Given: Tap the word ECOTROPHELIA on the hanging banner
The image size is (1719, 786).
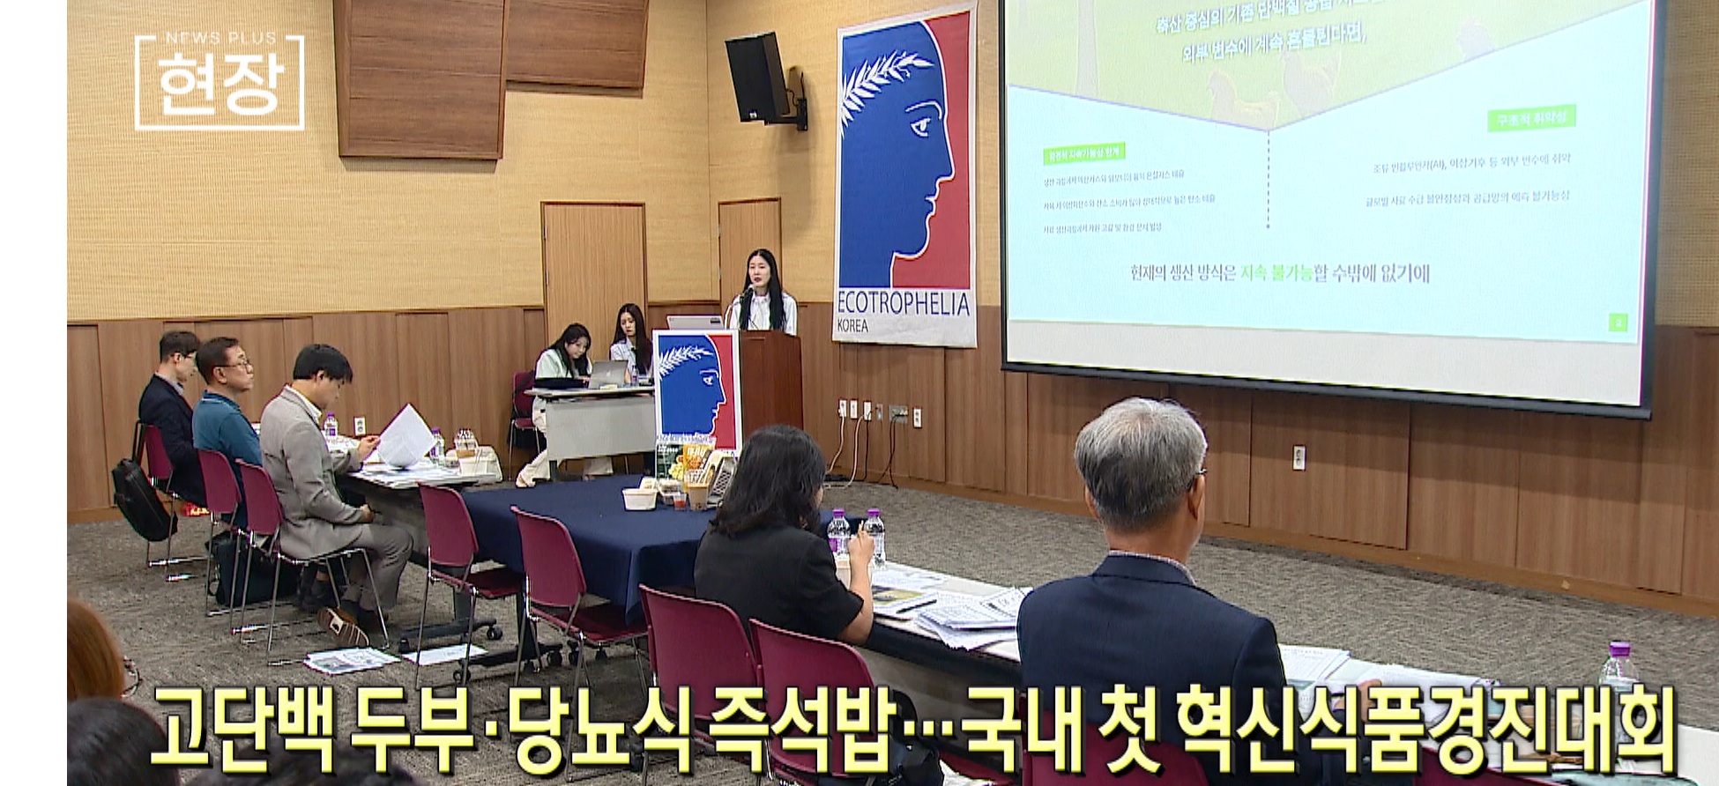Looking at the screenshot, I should click(x=904, y=304).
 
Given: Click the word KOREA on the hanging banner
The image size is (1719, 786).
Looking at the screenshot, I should click(x=852, y=326).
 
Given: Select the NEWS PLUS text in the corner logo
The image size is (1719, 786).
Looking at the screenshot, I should click(x=220, y=38).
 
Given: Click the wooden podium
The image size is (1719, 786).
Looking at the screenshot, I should click(x=770, y=379).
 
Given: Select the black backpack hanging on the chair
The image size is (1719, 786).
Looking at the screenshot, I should click(x=141, y=499).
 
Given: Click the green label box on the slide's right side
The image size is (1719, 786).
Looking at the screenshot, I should click(x=1531, y=118).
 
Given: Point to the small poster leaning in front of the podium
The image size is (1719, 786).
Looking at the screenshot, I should click(x=696, y=388).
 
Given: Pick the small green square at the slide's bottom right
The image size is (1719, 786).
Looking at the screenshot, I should click(x=1619, y=323).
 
